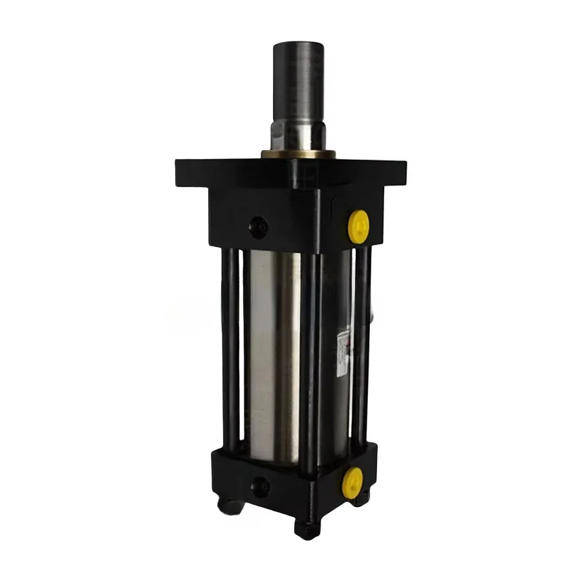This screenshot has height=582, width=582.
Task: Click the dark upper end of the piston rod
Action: tap(299, 78)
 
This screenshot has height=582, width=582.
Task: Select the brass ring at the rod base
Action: tap(298, 155)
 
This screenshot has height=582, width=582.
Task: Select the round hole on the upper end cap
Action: tap(260, 226)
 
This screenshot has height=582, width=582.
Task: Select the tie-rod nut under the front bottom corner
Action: tap(307, 526)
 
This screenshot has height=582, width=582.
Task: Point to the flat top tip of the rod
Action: tap(299, 44)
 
